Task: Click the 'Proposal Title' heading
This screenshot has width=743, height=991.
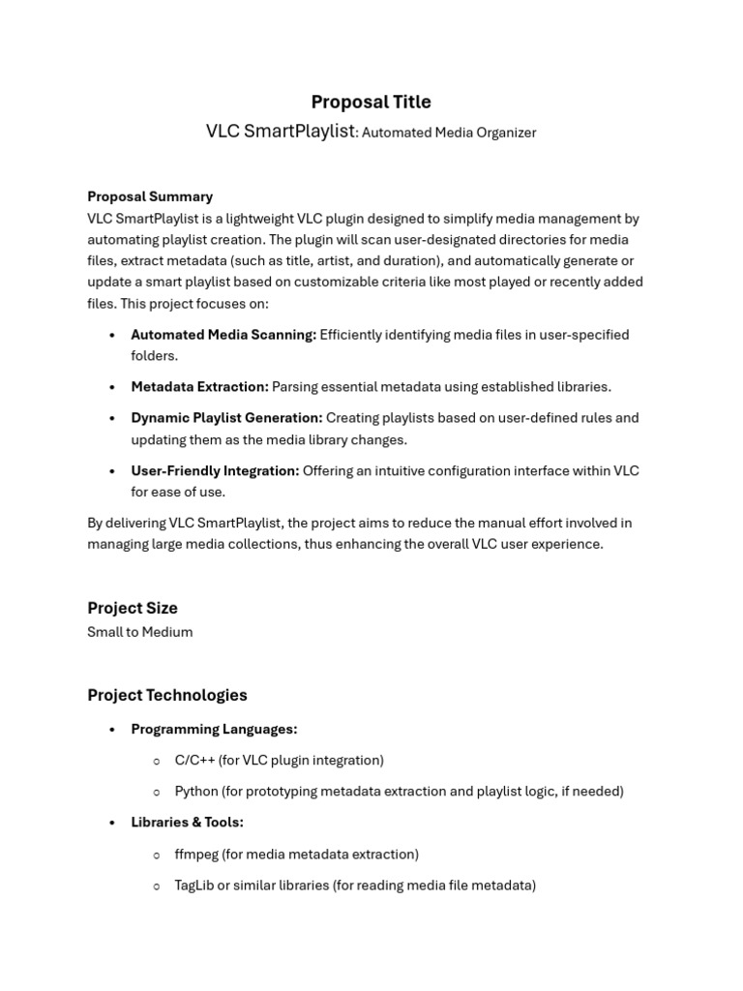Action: click(x=371, y=103)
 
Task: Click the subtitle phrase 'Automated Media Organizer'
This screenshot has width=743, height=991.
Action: click(x=449, y=133)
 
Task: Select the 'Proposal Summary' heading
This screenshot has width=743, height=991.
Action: click(x=150, y=196)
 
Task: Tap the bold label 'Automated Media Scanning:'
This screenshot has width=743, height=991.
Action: click(x=223, y=335)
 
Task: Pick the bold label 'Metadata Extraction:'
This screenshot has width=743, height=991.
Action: click(x=199, y=387)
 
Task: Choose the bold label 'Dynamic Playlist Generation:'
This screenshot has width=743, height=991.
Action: click(x=226, y=418)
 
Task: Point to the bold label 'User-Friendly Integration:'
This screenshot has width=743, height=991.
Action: click(x=215, y=471)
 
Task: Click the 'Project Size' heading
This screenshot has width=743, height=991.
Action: click(x=133, y=608)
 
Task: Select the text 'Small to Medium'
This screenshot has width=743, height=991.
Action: click(x=140, y=632)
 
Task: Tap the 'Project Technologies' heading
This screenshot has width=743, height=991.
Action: click(x=167, y=695)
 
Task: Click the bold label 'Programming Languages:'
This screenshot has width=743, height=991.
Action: click(x=214, y=729)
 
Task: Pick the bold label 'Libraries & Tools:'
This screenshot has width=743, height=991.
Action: click(x=187, y=823)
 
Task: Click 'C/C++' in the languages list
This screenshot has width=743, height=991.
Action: click(x=194, y=761)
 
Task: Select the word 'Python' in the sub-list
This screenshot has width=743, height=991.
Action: click(x=196, y=792)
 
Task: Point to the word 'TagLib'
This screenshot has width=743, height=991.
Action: click(x=193, y=886)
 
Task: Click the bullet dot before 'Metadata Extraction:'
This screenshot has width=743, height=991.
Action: click(x=112, y=387)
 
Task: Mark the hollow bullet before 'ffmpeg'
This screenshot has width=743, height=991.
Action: click(x=157, y=855)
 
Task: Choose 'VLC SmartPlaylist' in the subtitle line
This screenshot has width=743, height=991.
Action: click(x=281, y=132)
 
